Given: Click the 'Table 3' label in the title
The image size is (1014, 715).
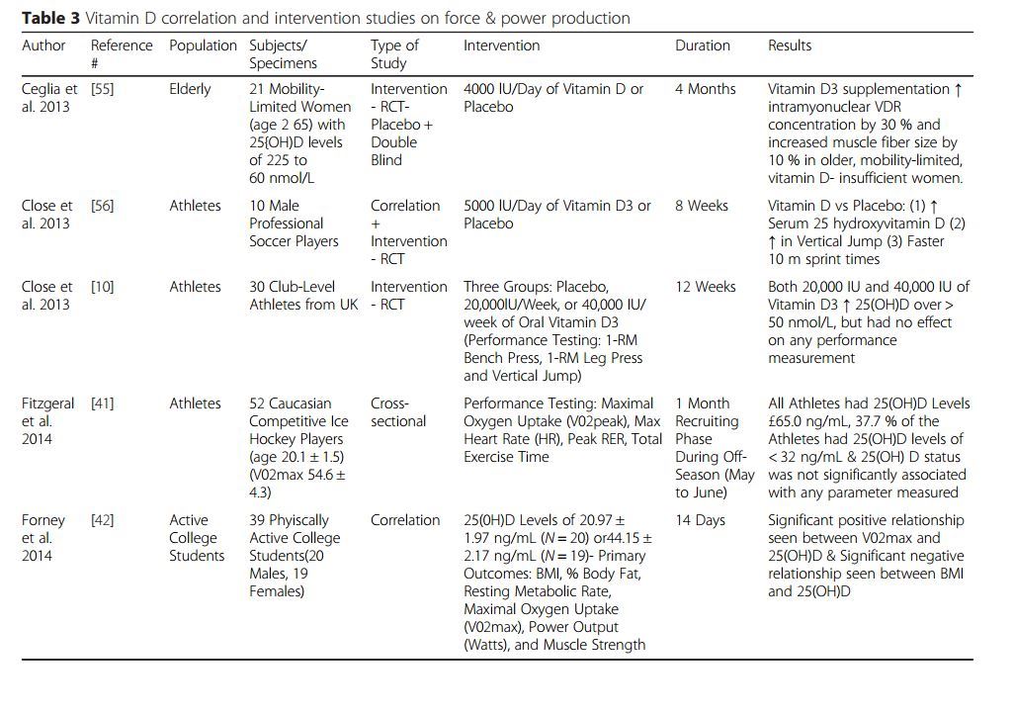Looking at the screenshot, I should (x=50, y=18).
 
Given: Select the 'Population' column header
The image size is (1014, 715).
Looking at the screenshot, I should (x=203, y=45).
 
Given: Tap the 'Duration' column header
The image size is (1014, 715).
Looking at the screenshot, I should (x=702, y=45).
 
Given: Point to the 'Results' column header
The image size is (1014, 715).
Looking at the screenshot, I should (x=790, y=45).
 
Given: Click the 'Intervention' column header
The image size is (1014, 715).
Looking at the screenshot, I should (x=501, y=45).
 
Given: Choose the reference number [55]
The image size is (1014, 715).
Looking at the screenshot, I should (x=102, y=89).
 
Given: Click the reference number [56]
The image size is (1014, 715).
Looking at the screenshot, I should (x=102, y=206).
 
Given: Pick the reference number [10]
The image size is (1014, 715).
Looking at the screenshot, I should (x=102, y=287).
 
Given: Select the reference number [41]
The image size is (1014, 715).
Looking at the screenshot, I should (x=102, y=403).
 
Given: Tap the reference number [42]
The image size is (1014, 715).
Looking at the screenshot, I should (x=102, y=520).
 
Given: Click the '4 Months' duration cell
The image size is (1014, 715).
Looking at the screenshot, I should (x=705, y=89).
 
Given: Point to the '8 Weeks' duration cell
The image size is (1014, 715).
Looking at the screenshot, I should (x=701, y=206).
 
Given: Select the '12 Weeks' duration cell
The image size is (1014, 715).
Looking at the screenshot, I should (x=705, y=287).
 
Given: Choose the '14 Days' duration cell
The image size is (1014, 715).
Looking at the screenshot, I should (x=700, y=520).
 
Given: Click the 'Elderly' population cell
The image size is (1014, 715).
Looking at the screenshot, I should (x=190, y=89).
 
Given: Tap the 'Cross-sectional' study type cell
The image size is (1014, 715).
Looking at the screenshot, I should (x=398, y=412).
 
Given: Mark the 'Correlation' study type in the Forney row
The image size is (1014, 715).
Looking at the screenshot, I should (x=405, y=520).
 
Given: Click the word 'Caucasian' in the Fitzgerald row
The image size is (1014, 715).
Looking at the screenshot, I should (x=299, y=403).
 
